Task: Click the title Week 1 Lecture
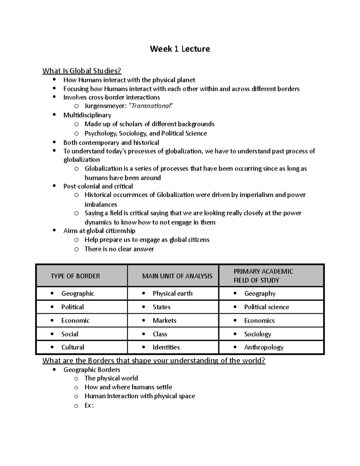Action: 180,49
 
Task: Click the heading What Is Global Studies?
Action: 82,71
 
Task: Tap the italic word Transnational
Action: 151,106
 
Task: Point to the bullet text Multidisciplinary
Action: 87,115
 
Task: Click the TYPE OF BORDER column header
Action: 75,276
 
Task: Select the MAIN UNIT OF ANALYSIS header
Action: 177,276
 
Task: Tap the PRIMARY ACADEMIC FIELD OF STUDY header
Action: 263,276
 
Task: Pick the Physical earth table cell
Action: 172,293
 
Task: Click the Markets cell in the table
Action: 164,320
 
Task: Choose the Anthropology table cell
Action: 264,347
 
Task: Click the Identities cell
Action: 166,347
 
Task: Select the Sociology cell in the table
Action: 257,334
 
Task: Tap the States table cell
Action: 161,307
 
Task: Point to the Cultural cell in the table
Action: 73,347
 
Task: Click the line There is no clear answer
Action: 119,249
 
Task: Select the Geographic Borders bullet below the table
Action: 91,370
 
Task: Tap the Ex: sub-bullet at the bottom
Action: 89,405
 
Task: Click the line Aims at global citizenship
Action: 99,231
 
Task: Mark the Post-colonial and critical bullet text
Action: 98,186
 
